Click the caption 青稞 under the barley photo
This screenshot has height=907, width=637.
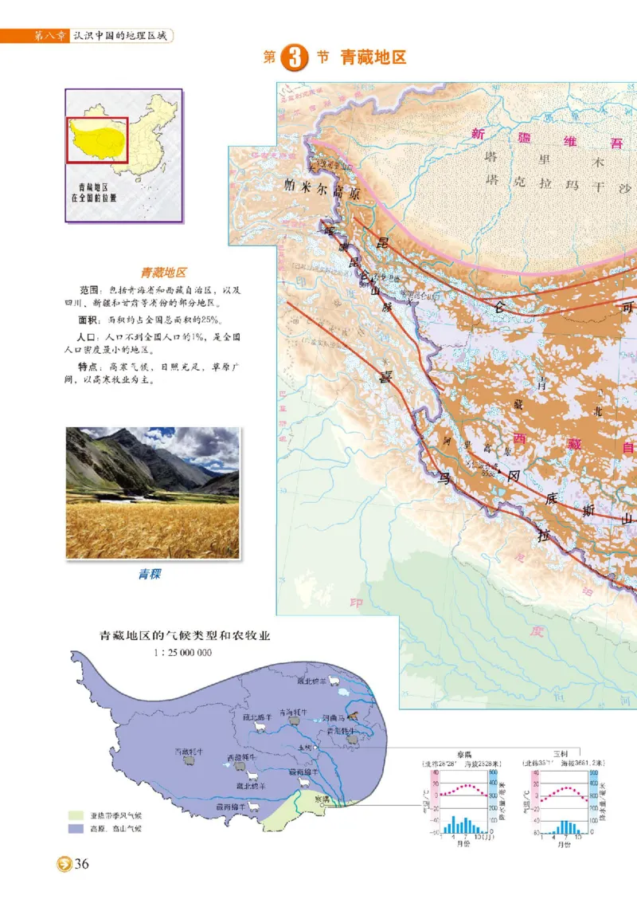pyautogui.click(x=148, y=573)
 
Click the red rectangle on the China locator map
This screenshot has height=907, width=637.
pyautogui.click(x=97, y=139)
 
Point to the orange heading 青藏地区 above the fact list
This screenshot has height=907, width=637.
pyautogui.click(x=164, y=272)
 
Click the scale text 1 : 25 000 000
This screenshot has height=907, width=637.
pyautogui.click(x=182, y=652)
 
